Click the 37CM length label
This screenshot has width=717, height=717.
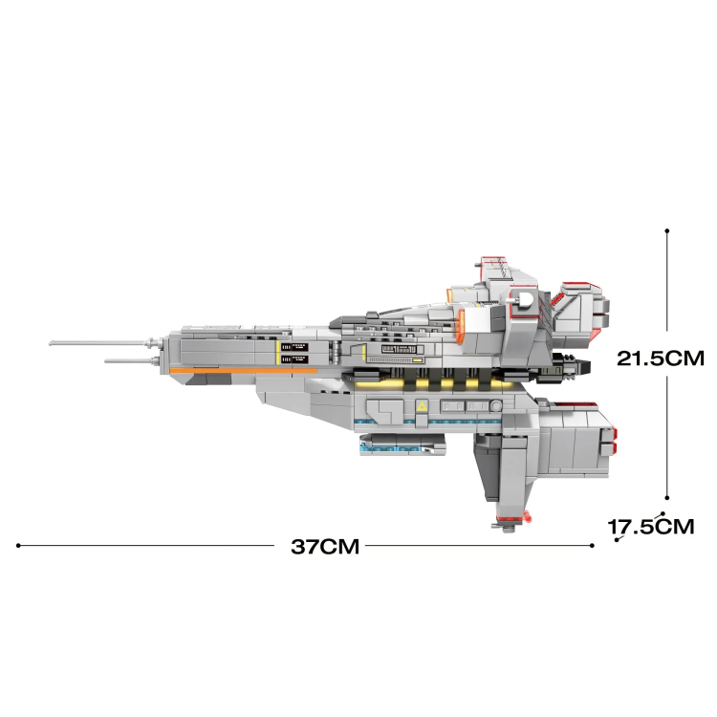pyautogui.click(x=325, y=548)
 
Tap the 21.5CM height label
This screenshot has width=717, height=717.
pyautogui.click(x=660, y=359)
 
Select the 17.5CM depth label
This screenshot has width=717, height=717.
pyautogui.click(x=652, y=526)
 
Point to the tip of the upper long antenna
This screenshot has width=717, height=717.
pyautogui.click(x=52, y=343)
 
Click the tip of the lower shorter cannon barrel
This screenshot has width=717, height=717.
pyautogui.click(x=106, y=361)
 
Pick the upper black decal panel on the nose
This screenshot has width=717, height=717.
pyautogui.click(x=296, y=346)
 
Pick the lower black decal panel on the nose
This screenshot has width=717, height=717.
pyautogui.click(x=296, y=358)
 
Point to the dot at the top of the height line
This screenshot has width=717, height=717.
pyautogui.click(x=666, y=230)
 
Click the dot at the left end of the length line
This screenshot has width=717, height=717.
pyautogui.click(x=18, y=546)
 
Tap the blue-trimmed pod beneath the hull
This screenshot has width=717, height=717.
pyautogui.click(x=402, y=445)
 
